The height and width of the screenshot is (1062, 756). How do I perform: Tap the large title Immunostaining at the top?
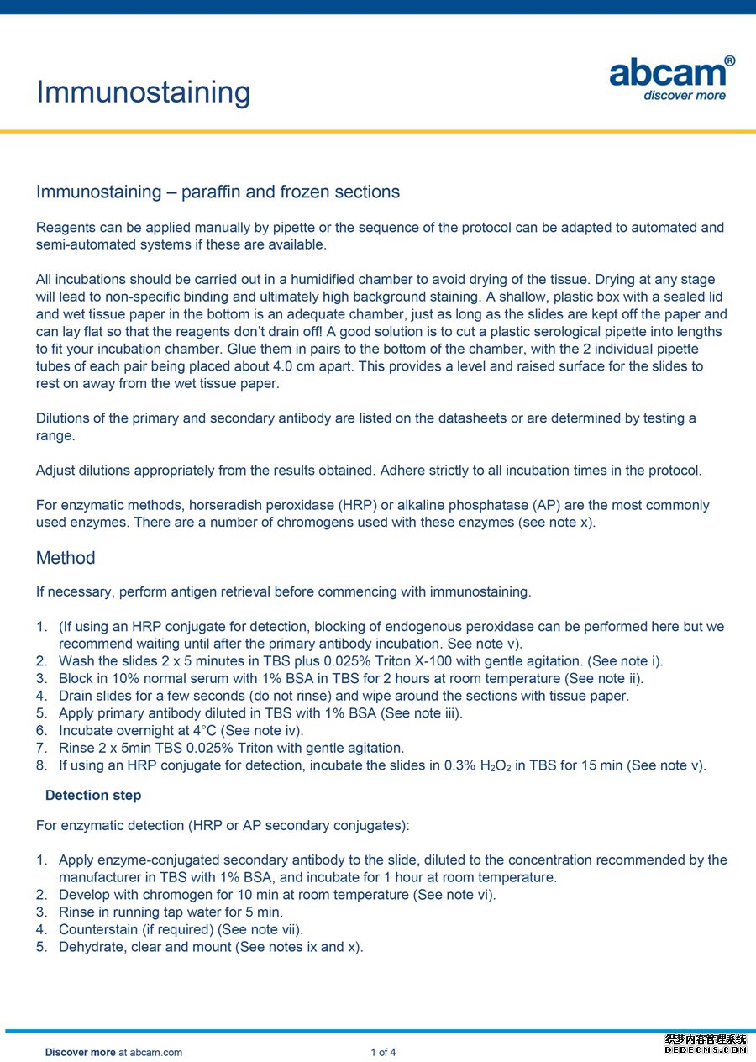[143, 92]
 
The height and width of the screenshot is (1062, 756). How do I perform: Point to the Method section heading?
[66, 558]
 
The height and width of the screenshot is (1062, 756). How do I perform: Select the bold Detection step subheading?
[93, 795]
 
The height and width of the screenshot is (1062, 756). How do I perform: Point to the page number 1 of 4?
[383, 1052]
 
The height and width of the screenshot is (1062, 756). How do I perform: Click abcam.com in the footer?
[156, 1052]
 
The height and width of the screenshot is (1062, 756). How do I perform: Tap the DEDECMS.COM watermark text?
[705, 1049]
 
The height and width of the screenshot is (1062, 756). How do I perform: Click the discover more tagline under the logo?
[684, 96]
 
